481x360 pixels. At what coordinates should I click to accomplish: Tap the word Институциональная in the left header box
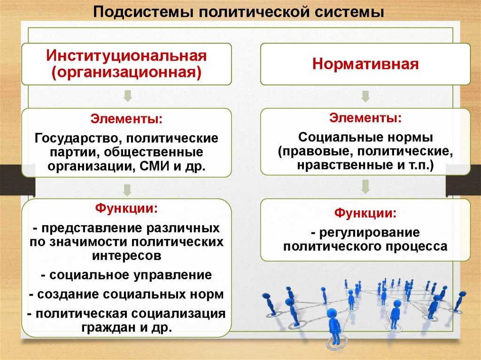pos(126,56)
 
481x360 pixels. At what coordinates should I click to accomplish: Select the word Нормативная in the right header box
pos(365,64)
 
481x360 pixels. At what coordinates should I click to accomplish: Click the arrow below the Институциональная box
pos(126,96)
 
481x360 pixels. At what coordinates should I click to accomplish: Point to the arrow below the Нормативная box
pos(365,96)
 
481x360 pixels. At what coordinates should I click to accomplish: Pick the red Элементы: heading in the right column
pos(365,118)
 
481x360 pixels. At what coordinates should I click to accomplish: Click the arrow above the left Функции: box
pos(126,189)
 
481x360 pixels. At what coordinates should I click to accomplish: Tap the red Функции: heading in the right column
pos(365,214)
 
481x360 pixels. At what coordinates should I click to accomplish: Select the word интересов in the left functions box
pos(126,256)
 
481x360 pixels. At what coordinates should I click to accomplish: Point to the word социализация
pos(179,313)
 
